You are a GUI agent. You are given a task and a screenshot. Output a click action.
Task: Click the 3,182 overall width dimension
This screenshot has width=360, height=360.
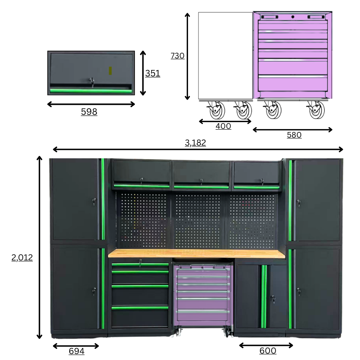[195, 142]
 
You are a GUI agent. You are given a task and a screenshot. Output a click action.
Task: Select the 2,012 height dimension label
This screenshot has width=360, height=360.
[22, 257]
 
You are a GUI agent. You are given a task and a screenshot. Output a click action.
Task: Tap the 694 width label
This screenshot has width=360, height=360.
[76, 351]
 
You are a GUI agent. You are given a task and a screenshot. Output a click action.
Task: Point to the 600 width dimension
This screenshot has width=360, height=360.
[268, 350]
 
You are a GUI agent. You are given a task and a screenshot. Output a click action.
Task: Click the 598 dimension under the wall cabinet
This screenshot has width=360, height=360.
[89, 112]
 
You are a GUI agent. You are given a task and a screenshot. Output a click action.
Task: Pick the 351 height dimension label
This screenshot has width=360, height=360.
[153, 74]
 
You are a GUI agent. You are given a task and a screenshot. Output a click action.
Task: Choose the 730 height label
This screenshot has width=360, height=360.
[178, 56]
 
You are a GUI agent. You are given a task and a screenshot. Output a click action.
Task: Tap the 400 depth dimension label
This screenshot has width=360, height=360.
[223, 126]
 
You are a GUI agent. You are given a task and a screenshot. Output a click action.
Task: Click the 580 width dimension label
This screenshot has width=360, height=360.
[294, 135]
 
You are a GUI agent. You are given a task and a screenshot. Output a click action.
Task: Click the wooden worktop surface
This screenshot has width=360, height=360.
[196, 254]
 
